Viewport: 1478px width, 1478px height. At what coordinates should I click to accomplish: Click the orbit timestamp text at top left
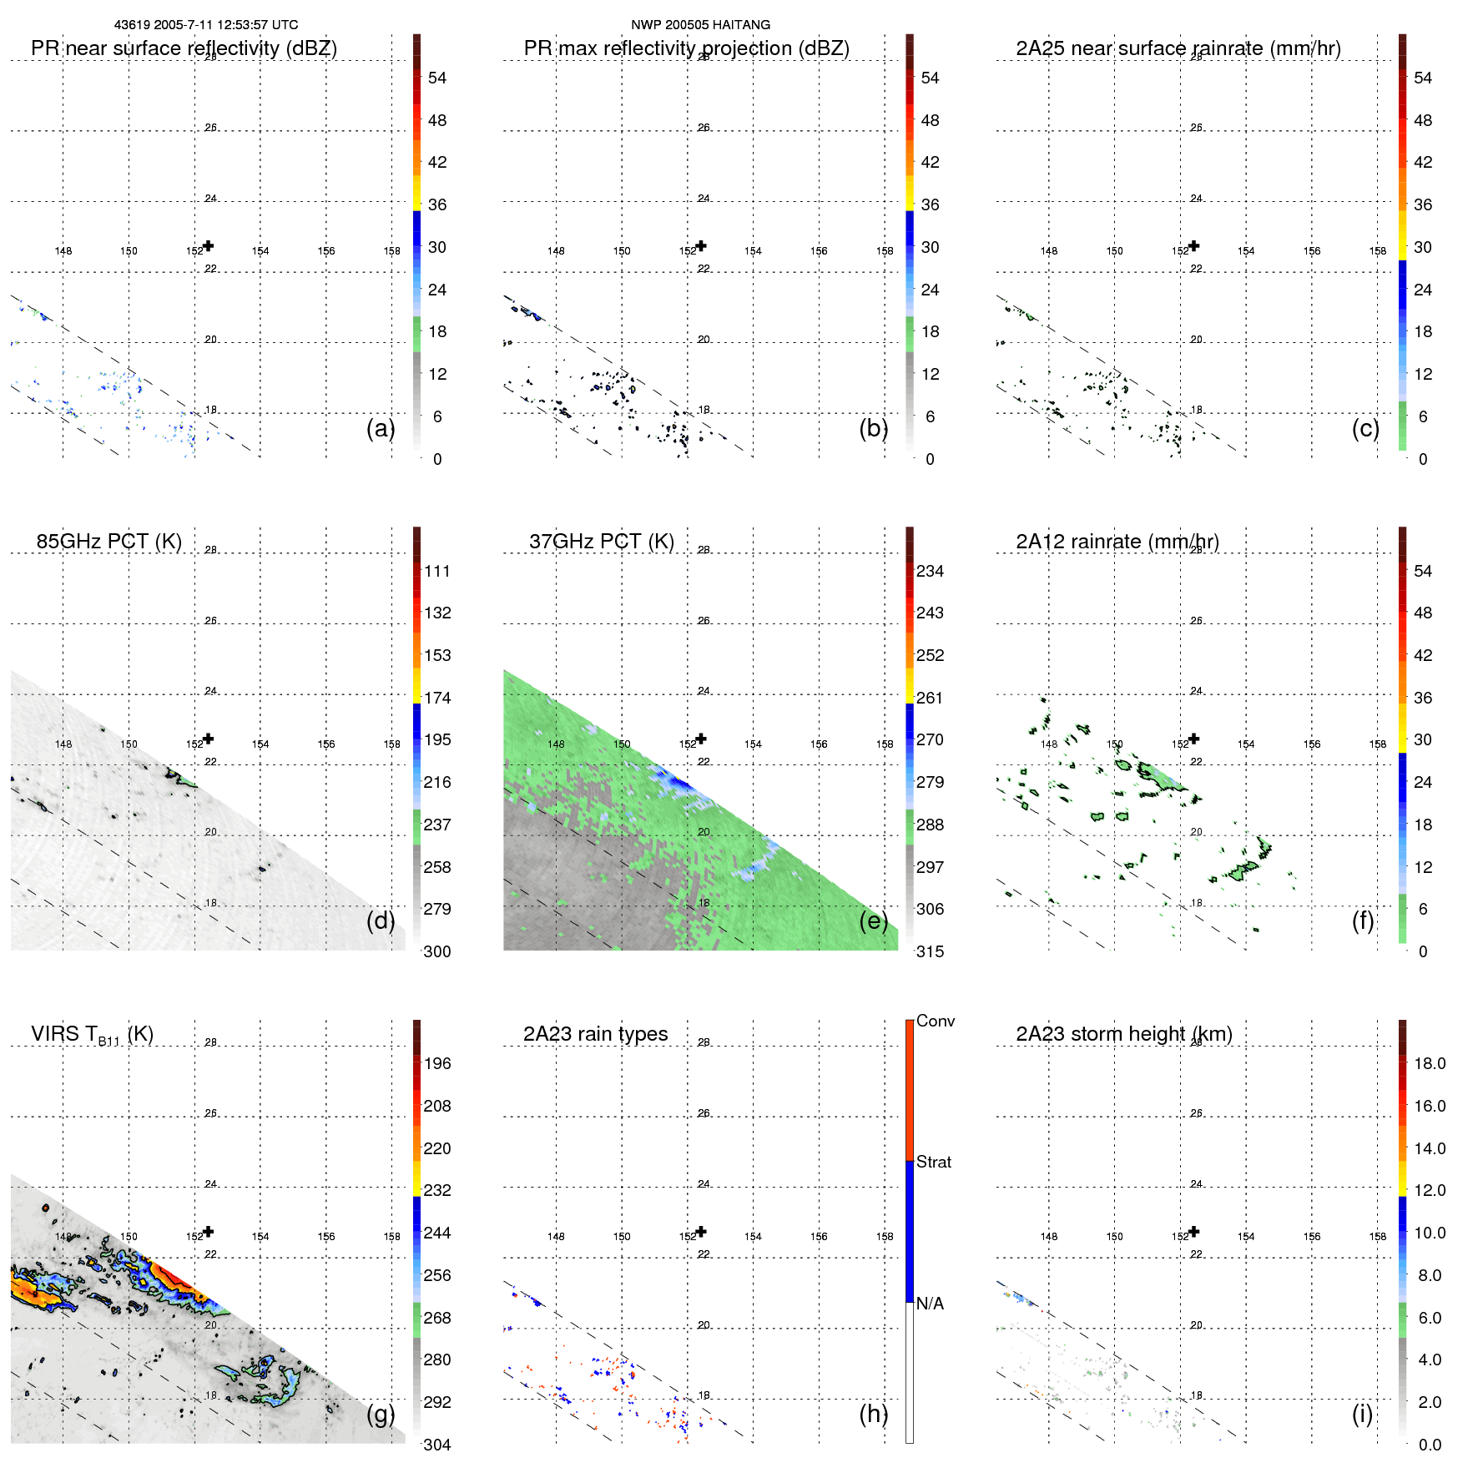click(206, 25)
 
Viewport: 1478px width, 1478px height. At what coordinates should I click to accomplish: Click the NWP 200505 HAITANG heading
click(700, 25)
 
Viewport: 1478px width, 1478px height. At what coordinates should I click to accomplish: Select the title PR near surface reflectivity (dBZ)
click(184, 48)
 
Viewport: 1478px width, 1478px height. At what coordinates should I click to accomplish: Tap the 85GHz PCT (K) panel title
click(108, 542)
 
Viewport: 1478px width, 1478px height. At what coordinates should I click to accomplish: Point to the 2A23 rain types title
click(595, 1034)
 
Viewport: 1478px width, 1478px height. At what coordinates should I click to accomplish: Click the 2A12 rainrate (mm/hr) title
click(1117, 542)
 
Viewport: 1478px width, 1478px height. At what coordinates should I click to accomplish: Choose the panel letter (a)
click(381, 428)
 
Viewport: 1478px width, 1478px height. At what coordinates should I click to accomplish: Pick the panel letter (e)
click(873, 921)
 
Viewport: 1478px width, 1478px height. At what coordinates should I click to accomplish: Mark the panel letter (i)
click(1362, 1414)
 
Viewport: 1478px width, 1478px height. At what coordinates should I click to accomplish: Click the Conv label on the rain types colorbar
click(935, 1021)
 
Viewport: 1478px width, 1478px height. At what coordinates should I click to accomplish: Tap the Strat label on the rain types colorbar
click(933, 1162)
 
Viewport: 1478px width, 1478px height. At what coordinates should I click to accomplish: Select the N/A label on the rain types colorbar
click(930, 1304)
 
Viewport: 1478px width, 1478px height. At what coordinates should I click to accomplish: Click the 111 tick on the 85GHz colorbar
click(437, 572)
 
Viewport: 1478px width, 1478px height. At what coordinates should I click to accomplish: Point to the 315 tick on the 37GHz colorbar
click(930, 951)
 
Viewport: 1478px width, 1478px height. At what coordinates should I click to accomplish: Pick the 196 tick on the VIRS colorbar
click(437, 1064)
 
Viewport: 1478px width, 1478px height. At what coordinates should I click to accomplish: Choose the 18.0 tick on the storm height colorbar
click(1429, 1064)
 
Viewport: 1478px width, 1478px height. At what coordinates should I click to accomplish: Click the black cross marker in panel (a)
click(209, 245)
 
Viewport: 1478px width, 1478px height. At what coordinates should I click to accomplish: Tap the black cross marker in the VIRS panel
click(209, 1231)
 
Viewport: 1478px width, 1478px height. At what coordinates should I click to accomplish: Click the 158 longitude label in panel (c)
click(1377, 251)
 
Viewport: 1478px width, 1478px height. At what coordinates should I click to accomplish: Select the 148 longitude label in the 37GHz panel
click(556, 744)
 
